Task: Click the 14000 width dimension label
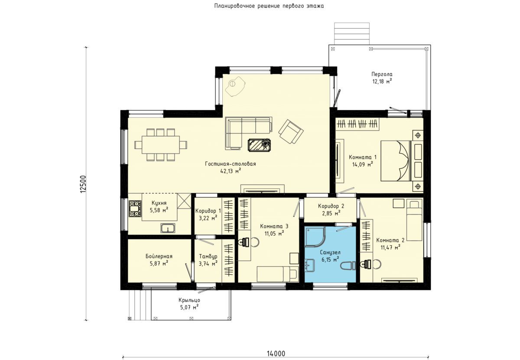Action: tap(276, 353)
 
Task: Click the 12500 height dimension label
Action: tap(83, 184)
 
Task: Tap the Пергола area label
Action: tap(382, 74)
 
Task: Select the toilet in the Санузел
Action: tap(348, 265)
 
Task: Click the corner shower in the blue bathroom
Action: tap(315, 236)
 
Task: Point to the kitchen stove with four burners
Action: tap(135, 209)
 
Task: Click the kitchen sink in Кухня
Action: tap(168, 228)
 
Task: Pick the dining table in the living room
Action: tap(161, 145)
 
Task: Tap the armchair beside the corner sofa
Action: tap(291, 131)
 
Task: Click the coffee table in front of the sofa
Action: tap(259, 145)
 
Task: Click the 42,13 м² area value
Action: tap(231, 171)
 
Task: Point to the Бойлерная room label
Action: tap(159, 256)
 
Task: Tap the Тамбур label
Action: tap(208, 256)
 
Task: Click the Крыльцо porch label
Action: tap(189, 300)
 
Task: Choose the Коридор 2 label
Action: tap(331, 206)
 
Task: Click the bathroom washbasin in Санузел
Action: tap(309, 265)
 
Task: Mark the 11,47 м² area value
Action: tap(390, 248)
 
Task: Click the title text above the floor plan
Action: tap(269, 6)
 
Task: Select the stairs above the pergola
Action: tap(352, 33)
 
